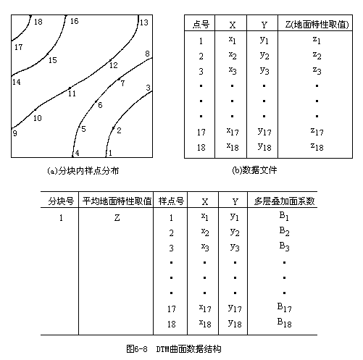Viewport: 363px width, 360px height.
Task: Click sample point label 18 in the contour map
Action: tap(38, 22)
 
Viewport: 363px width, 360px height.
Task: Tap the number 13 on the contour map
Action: tap(144, 22)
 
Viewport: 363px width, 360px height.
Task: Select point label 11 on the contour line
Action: tap(72, 93)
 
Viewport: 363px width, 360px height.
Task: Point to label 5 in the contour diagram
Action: tap(83, 129)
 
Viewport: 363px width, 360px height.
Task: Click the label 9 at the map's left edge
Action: tap(15, 133)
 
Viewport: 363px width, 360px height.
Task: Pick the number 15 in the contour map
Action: tap(53, 60)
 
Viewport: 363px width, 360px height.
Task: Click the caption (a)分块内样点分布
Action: tap(83, 171)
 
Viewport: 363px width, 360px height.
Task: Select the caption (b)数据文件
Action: tap(254, 170)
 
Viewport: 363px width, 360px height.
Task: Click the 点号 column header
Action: tap(201, 25)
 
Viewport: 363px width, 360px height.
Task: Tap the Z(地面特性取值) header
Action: tap(317, 25)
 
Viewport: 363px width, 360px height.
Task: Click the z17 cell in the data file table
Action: tap(317, 131)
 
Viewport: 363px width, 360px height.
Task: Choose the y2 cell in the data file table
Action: tap(264, 56)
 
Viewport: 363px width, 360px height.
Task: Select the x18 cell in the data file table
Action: tap(233, 146)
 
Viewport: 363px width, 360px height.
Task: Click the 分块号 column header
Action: tap(61, 201)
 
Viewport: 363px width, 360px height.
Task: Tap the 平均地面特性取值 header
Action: tap(117, 201)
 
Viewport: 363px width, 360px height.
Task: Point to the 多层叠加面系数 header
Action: tap(284, 201)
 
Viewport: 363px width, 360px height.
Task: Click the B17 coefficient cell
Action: tap(284, 308)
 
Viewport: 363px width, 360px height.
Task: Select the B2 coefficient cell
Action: tap(284, 232)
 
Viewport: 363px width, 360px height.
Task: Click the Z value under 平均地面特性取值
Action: tap(117, 218)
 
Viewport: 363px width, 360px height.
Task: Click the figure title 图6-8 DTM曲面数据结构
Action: tap(174, 349)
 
